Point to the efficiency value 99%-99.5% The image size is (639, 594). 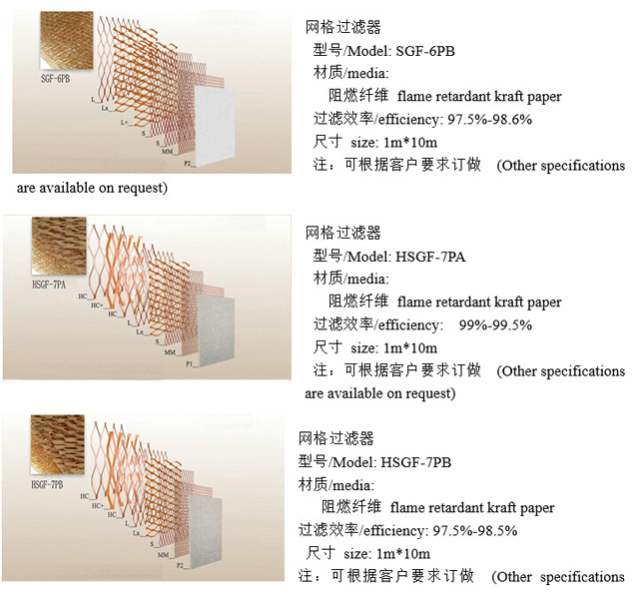495,324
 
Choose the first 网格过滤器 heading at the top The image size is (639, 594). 343,28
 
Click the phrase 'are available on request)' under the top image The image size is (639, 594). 91,187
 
